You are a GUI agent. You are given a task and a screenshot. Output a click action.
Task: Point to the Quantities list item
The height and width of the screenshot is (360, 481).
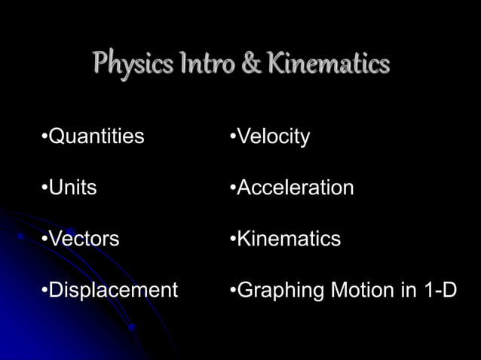pyautogui.click(x=96, y=137)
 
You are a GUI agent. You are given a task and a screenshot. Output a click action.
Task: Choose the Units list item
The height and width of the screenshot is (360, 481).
pyautogui.click(x=72, y=188)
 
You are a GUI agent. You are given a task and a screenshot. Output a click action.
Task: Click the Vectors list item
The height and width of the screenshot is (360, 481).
pyautogui.click(x=84, y=239)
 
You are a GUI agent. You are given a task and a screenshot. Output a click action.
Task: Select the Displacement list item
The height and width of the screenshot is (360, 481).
pyautogui.click(x=113, y=290)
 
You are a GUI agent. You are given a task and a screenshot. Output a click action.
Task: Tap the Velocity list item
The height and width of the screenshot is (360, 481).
pyautogui.click(x=273, y=137)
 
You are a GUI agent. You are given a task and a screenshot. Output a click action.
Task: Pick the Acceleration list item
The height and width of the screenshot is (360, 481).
pyautogui.click(x=295, y=188)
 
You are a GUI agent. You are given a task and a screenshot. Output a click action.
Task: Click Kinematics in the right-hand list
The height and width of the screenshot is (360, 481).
pyautogui.click(x=289, y=239)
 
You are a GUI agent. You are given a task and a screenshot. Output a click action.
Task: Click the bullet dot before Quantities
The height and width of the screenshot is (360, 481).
pyautogui.click(x=44, y=138)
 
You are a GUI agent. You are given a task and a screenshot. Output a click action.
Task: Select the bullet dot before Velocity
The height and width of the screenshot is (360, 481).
pyautogui.click(x=233, y=138)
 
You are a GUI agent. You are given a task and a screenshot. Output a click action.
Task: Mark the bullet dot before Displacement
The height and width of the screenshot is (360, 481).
pyautogui.click(x=44, y=291)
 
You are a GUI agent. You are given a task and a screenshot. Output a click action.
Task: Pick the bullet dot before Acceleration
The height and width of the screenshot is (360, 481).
pyautogui.click(x=233, y=188)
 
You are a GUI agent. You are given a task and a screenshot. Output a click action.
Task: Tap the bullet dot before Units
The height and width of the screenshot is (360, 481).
pyautogui.click(x=44, y=188)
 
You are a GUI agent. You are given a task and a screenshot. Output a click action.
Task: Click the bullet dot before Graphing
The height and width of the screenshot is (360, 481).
pyautogui.click(x=233, y=291)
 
